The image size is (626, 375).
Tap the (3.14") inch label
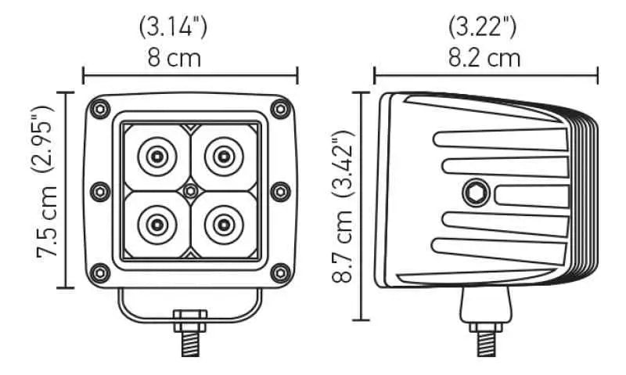click(x=172, y=27)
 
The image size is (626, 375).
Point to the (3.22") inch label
click(x=482, y=27)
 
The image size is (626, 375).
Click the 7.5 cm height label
click(x=49, y=223)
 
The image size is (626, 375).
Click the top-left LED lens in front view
click(x=156, y=157)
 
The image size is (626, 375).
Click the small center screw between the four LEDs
click(x=190, y=190)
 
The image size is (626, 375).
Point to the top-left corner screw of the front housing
click(x=99, y=107)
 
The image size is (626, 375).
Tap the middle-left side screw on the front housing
click(x=99, y=190)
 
